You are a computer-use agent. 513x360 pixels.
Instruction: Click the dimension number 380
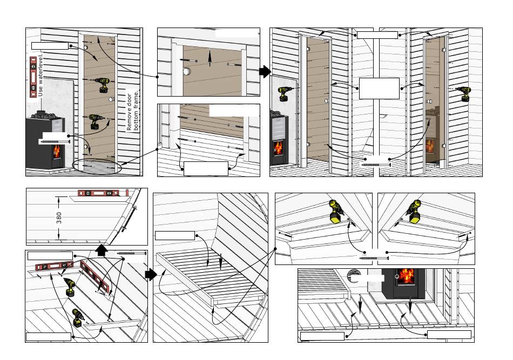click(59, 218)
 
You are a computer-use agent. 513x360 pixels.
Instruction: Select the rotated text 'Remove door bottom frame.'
click(133, 110)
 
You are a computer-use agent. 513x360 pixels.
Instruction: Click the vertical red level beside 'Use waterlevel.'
click(33, 77)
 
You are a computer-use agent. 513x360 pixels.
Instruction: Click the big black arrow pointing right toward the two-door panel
click(265, 71)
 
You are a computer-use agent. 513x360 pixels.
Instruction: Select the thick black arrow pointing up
click(102, 250)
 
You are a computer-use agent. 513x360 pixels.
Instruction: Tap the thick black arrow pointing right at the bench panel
click(151, 274)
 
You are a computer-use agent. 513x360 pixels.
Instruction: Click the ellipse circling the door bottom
click(97, 167)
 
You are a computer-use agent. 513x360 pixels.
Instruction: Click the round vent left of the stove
click(353, 275)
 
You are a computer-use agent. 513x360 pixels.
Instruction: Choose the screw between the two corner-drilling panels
click(374, 259)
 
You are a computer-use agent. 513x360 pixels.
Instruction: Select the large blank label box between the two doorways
click(379, 89)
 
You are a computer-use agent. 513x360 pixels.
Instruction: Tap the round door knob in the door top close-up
click(186, 71)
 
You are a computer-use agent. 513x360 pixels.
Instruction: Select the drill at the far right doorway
click(464, 93)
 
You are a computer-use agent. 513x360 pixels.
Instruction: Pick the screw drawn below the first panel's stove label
click(55, 141)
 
